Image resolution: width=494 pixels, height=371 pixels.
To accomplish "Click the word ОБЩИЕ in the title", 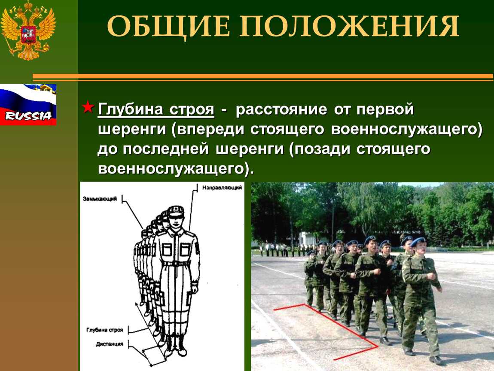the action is tap(168, 27).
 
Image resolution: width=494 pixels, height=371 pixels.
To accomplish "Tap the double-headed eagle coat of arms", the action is tap(28, 30).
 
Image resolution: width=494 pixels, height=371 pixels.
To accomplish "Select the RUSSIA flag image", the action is tap(28, 105).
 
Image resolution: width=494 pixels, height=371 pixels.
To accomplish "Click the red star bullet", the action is tap(88, 108).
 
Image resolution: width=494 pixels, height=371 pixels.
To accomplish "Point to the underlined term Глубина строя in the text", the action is tap(156, 109).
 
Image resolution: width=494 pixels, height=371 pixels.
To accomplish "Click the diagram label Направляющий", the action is tap(222, 188).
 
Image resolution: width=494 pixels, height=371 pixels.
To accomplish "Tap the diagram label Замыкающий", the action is tap(100, 199).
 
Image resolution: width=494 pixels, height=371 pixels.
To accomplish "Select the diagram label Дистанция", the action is tap(109, 344).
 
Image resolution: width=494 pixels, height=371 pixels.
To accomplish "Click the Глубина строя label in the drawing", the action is tap(104, 330).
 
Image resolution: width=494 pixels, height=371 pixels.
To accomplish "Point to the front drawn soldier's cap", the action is tap(176, 211).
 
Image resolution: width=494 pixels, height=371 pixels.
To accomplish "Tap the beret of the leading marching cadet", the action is tap(418, 242).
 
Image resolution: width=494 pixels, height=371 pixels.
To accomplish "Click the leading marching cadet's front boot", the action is tap(436, 360).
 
